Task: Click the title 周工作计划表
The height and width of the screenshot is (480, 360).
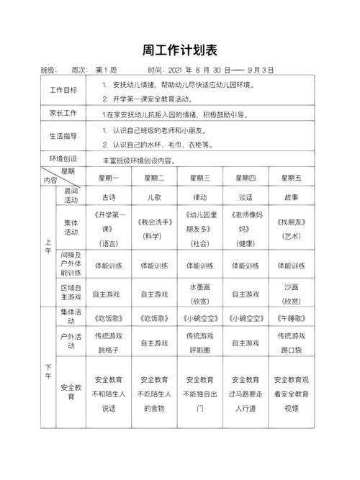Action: (x=179, y=50)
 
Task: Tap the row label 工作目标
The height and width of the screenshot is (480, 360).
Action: (x=63, y=91)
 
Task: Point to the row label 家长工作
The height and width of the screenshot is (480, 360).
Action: (x=63, y=113)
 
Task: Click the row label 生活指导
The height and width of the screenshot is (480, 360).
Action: (x=63, y=136)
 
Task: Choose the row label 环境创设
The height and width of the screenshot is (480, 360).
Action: (x=63, y=158)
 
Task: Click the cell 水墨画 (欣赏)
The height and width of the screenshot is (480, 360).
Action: (x=199, y=293)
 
